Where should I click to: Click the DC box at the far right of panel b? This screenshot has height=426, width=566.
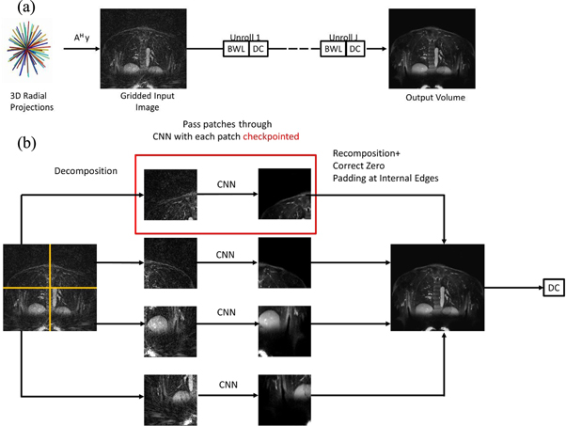click(552, 290)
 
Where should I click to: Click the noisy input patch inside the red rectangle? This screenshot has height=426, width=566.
click(170, 195)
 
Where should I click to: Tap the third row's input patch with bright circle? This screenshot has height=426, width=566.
click(170, 328)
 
